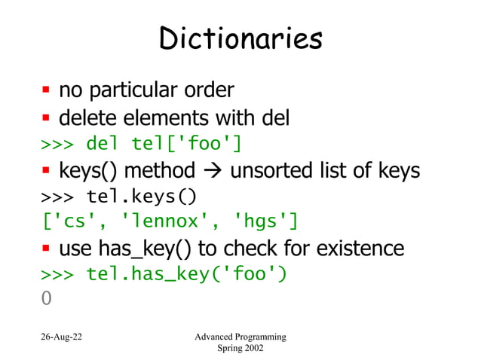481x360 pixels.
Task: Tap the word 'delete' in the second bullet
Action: [x=88, y=118]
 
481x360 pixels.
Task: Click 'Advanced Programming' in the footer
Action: [x=240, y=336]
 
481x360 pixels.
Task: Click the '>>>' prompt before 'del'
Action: [x=57, y=143]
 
